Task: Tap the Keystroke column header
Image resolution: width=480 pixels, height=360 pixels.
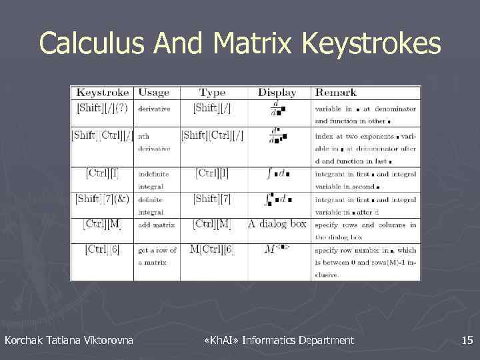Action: click(103, 93)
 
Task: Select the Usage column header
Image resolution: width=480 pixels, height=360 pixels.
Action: click(154, 93)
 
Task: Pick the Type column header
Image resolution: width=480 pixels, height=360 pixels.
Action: click(213, 93)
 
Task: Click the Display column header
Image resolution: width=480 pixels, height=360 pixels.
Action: click(277, 93)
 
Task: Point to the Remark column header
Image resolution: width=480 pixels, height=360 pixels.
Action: click(336, 93)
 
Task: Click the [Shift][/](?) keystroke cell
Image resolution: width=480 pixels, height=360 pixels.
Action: click(103, 107)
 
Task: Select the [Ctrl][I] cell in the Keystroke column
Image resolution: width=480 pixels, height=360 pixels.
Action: click(103, 173)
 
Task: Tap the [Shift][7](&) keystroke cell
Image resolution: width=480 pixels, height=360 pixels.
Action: click(103, 199)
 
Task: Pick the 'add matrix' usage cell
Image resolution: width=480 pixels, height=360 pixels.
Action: click(157, 225)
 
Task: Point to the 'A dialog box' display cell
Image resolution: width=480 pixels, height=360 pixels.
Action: click(277, 223)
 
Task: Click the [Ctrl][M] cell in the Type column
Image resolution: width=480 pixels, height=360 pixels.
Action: click(212, 223)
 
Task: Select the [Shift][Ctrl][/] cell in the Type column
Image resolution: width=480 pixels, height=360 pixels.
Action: click(212, 135)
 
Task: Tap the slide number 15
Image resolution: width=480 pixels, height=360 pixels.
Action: click(467, 341)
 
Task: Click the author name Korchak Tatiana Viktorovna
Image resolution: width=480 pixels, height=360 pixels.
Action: click(69, 341)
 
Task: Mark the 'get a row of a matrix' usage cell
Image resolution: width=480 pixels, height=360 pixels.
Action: click(157, 255)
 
